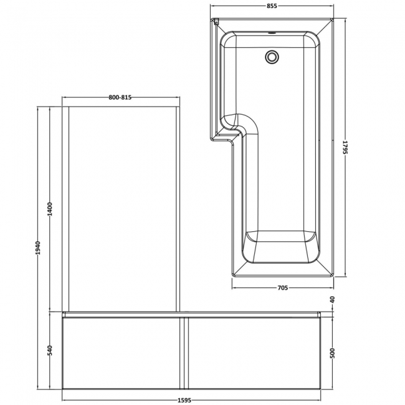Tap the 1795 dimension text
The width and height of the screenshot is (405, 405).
click(345, 148)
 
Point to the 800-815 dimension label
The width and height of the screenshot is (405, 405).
click(119, 97)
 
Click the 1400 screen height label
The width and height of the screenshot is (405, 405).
click(49, 210)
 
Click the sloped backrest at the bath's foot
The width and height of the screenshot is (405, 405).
click(281, 249)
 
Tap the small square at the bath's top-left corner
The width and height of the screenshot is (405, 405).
click(216, 22)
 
